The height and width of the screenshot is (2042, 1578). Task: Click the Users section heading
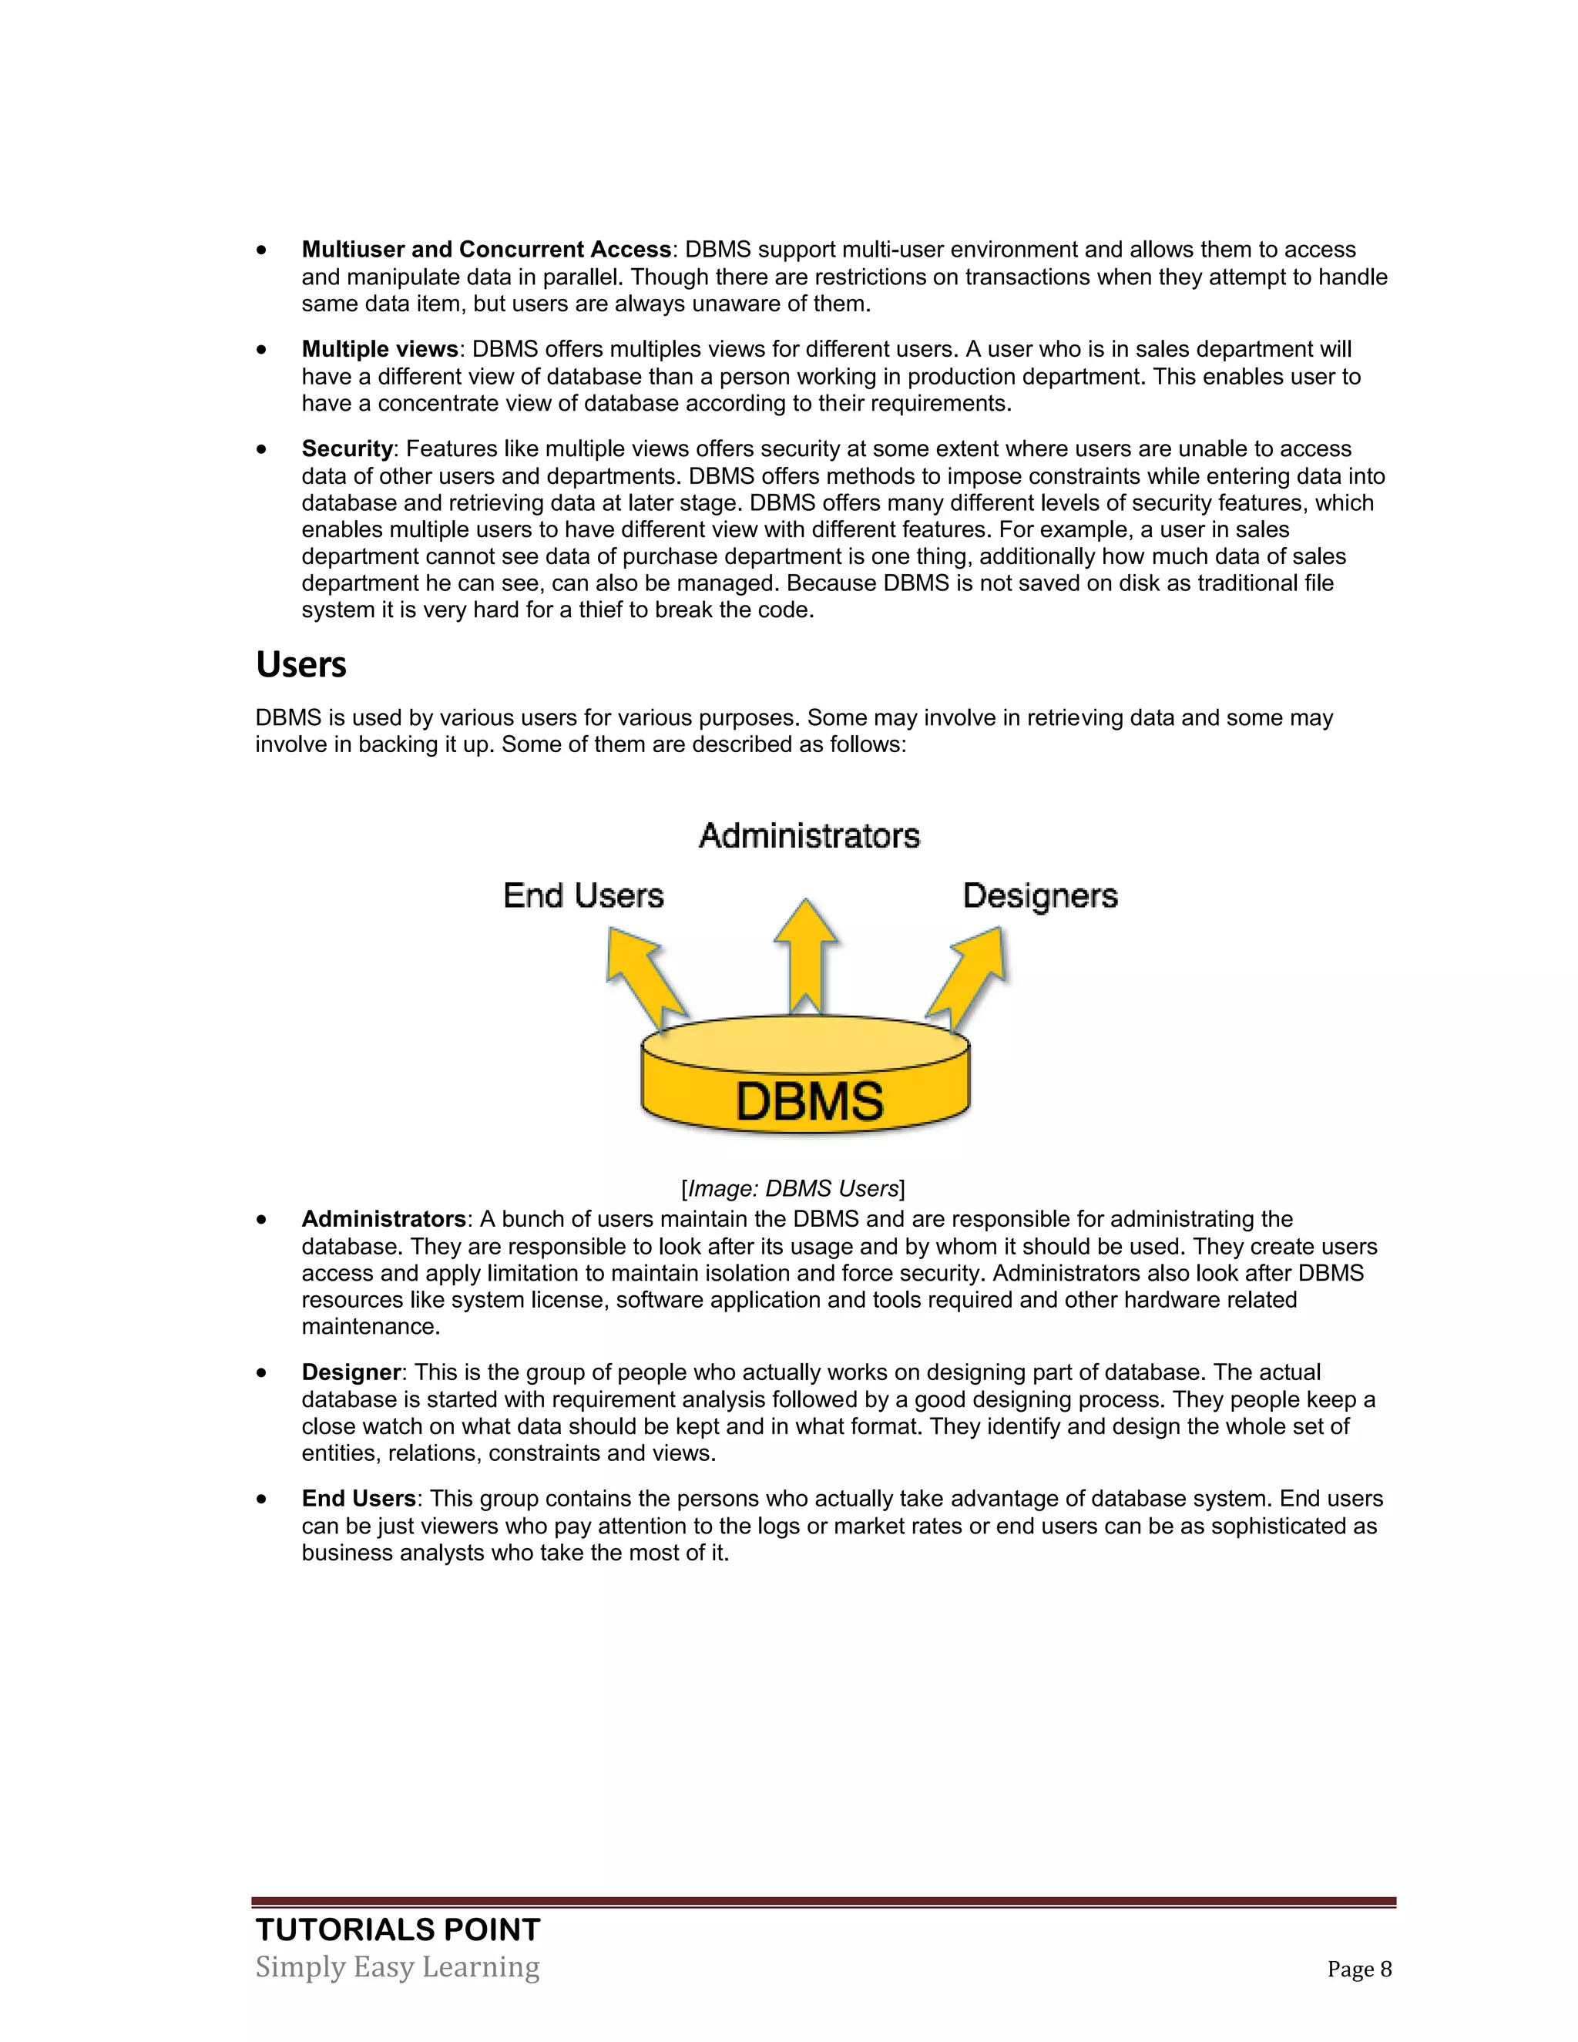[301, 665]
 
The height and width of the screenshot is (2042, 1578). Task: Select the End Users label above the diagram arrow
[583, 895]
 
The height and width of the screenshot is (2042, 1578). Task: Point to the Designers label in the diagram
[1039, 895]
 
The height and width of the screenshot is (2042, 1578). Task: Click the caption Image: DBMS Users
[793, 1188]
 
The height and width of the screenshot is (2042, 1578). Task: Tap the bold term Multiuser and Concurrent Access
[486, 250]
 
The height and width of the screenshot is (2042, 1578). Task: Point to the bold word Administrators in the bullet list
[383, 1219]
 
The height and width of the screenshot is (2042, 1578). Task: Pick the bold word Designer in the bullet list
[351, 1372]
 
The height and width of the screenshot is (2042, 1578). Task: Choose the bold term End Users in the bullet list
[358, 1499]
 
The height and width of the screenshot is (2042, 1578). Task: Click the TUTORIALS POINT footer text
[398, 1929]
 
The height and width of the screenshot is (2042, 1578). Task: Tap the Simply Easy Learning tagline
[398, 1966]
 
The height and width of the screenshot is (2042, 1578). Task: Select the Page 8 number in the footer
[1359, 1969]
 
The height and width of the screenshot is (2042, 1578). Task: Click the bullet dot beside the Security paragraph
[262, 450]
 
